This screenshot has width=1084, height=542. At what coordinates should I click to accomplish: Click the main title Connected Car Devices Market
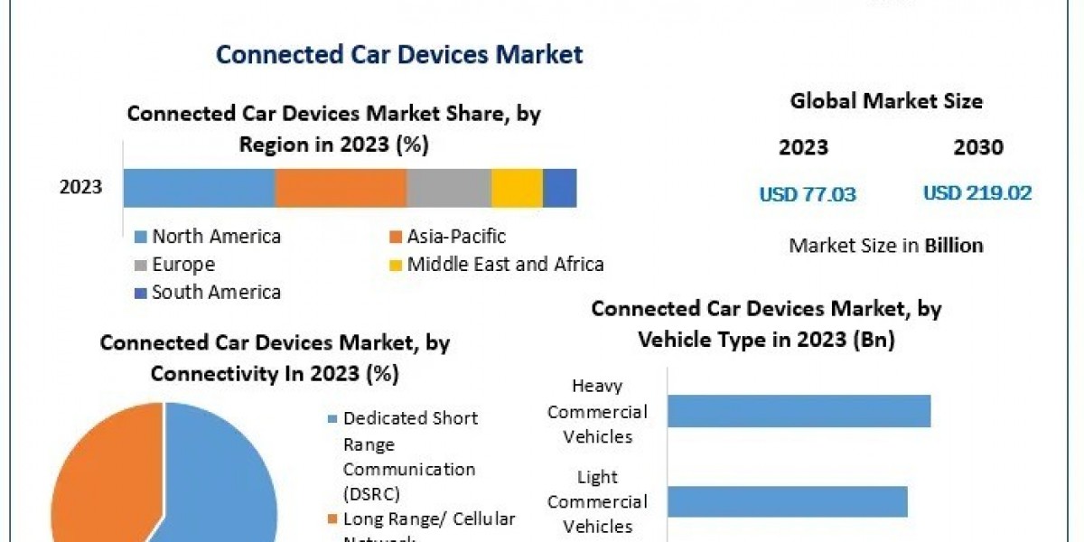pyautogui.click(x=399, y=54)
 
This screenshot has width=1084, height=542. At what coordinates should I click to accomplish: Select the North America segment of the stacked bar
pyautogui.click(x=199, y=188)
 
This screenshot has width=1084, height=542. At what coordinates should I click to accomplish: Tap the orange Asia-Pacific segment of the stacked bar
pyautogui.click(x=341, y=188)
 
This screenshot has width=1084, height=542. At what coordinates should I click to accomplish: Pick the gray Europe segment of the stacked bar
pyautogui.click(x=449, y=188)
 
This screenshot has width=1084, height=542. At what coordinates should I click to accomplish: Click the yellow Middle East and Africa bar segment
pyautogui.click(x=517, y=188)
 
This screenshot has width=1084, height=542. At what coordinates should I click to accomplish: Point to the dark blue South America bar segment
pyautogui.click(x=559, y=188)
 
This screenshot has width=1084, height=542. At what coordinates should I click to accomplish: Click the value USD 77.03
pyautogui.click(x=808, y=193)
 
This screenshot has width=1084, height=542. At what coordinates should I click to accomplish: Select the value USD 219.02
pyautogui.click(x=977, y=193)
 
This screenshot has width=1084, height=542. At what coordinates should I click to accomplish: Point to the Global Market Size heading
pyautogui.click(x=886, y=101)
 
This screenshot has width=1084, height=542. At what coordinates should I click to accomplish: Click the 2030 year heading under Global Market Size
pyautogui.click(x=977, y=148)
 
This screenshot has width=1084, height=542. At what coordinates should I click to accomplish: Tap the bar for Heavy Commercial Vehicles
pyautogui.click(x=799, y=411)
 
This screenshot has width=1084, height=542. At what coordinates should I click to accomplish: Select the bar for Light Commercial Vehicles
pyautogui.click(x=787, y=501)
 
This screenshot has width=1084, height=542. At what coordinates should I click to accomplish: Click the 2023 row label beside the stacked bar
pyautogui.click(x=81, y=188)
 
